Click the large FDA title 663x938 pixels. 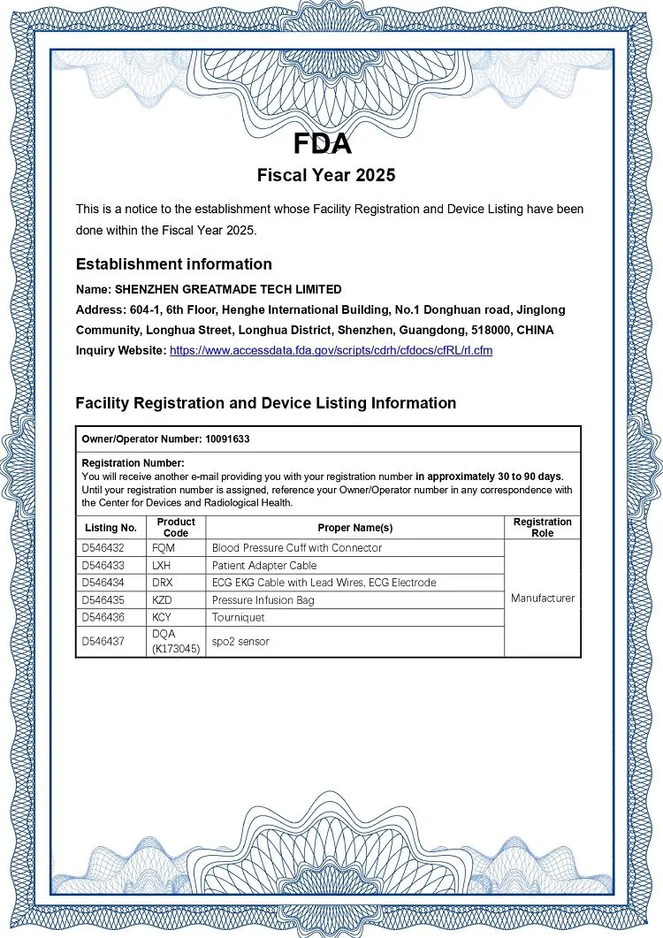[x=323, y=142]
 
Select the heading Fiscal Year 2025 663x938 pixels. [x=326, y=175]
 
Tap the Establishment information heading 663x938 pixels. [x=173, y=263]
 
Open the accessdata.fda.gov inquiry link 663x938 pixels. [x=331, y=350]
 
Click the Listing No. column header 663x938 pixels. [x=110, y=528]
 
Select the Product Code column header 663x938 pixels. [x=176, y=528]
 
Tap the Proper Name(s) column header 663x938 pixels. [x=354, y=528]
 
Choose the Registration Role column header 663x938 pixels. [x=542, y=528]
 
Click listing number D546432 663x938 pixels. [x=103, y=548]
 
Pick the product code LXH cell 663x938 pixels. [x=161, y=565]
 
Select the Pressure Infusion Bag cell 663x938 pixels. [x=263, y=600]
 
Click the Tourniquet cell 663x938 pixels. [x=238, y=617]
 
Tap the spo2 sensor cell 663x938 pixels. [x=240, y=641]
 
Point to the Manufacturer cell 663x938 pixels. [x=542, y=599]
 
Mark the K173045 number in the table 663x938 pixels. [x=177, y=649]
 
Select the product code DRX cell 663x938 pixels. [x=162, y=583]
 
